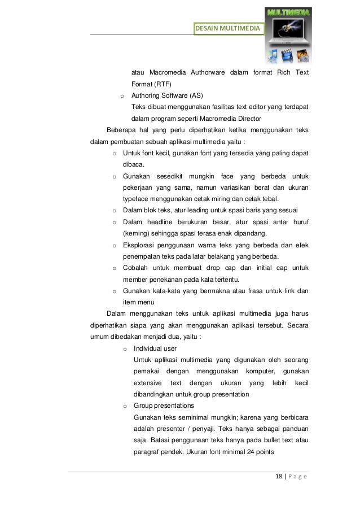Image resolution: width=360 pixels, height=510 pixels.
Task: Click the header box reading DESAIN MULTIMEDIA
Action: [x=228, y=28]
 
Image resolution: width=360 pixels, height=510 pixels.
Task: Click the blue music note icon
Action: [x=273, y=55]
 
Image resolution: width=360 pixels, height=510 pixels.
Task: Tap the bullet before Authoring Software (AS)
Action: [x=122, y=95]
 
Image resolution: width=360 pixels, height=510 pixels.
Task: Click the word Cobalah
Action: [x=137, y=268]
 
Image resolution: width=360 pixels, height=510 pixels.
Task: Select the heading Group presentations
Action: [x=164, y=406]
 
